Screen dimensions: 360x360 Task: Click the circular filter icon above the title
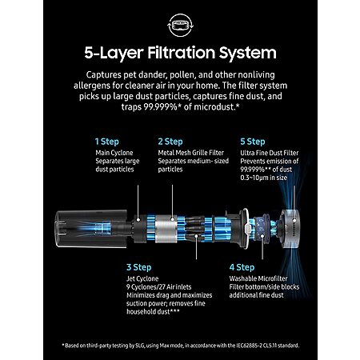pos(180,25)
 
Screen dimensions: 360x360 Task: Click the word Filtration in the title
pos(182,53)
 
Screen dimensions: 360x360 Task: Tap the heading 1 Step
pos(107,142)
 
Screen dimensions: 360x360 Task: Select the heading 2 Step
pos(170,142)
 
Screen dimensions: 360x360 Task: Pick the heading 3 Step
pos(139,267)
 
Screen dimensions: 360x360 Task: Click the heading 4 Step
pos(242,267)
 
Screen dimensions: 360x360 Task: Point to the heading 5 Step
pos(253,142)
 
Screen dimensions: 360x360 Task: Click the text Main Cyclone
pos(114,153)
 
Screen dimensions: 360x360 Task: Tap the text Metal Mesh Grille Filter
pos(191,153)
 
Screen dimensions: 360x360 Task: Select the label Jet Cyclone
pos(142,278)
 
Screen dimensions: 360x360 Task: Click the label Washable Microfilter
pos(258,278)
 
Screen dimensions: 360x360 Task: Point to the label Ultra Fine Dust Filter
pos(270,153)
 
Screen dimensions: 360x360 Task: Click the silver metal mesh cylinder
pos(166,229)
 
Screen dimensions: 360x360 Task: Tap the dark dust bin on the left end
pos(91,229)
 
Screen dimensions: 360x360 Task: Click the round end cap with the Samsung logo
pos(290,229)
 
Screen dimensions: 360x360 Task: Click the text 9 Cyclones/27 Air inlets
pos(159,287)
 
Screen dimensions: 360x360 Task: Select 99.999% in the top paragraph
pos(161,107)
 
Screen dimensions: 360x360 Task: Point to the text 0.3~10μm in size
pos(264,178)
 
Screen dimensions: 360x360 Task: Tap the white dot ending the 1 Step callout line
pos(138,220)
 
